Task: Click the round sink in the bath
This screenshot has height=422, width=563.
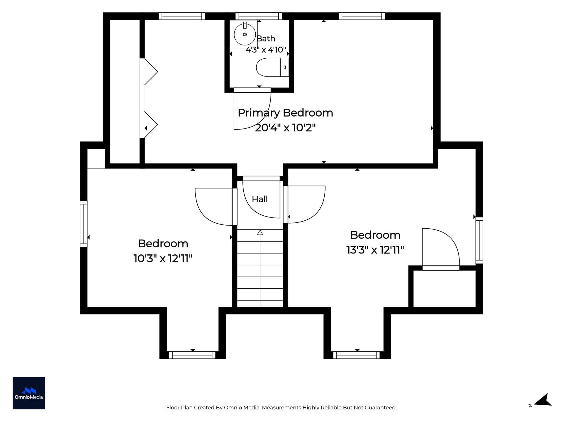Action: pos(245,34)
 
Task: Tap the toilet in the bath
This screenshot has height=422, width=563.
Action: pos(272,67)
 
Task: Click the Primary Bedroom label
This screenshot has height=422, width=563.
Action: pos(285,113)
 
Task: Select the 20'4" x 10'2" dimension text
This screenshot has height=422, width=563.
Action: pos(285,128)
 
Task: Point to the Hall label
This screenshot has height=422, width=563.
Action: pos(260,199)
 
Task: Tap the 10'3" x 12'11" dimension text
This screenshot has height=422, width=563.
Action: pos(163,258)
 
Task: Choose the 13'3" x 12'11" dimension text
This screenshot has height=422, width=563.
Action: pos(375,250)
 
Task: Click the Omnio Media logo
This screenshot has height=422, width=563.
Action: pos(29,393)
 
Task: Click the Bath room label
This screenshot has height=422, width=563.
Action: pos(266,39)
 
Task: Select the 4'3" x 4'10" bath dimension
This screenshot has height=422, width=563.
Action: pos(266,50)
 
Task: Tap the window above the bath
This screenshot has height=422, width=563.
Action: pos(258,16)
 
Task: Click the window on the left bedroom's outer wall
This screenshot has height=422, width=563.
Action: pos(84,224)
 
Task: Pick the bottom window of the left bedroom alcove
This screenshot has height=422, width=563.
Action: pos(192,355)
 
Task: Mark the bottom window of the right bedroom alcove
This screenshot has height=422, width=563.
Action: pos(357,355)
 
